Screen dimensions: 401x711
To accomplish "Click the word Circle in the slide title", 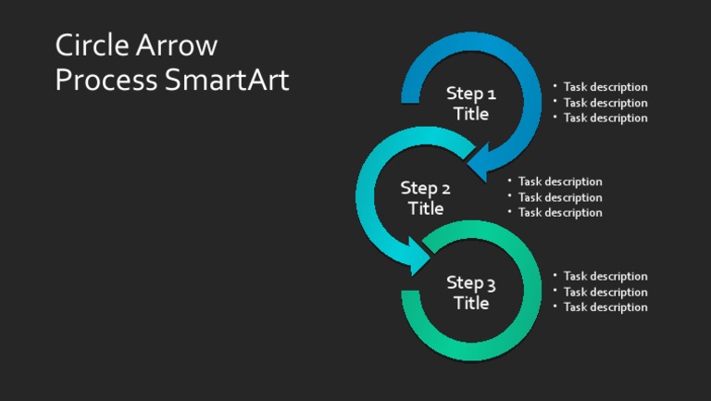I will coord(91,45).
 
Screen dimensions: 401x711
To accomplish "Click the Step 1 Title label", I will coord(471,104).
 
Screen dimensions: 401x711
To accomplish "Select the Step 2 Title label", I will coord(426,198).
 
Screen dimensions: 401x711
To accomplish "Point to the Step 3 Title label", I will coord(471,293).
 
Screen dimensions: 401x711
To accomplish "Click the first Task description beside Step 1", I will coord(605,87).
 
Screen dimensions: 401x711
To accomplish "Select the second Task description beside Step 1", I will coord(605,103).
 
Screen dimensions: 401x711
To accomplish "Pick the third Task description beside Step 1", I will coord(605,118).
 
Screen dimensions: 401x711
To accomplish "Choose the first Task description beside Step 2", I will coord(560,182).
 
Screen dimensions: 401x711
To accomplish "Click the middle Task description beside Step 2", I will coord(560,197).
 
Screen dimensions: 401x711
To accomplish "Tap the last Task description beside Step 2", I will coord(560,212).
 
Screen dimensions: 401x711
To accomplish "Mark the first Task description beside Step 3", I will coord(605,276).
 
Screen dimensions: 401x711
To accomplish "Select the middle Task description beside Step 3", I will coord(605,292).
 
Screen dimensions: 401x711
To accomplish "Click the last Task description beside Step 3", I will coord(605,307).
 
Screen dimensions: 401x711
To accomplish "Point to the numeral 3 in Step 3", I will coord(491,283).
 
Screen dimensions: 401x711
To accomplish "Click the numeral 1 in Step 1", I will coord(491,94).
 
